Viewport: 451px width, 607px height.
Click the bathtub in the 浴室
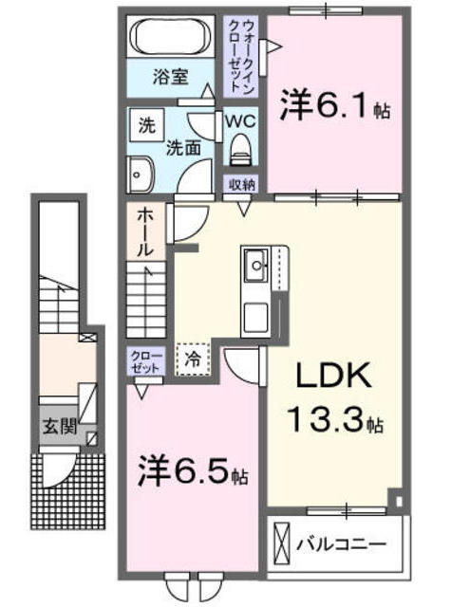point(175,39)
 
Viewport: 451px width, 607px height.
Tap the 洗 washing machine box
point(146,124)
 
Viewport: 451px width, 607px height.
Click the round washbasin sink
point(139,174)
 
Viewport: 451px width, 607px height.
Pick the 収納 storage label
point(240,184)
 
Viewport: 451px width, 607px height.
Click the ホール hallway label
point(145,231)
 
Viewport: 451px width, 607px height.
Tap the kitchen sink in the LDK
point(256,265)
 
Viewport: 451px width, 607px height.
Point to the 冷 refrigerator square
point(193,359)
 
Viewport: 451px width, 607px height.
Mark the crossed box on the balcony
point(281,546)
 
